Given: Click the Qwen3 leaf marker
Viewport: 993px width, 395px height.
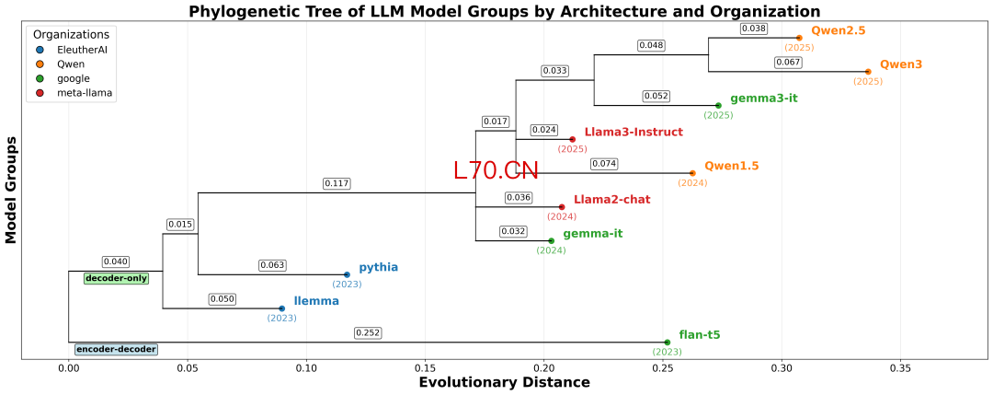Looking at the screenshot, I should click(868, 71).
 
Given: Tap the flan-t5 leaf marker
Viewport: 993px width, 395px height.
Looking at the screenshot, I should click(668, 343).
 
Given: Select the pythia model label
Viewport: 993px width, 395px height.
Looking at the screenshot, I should click(378, 267).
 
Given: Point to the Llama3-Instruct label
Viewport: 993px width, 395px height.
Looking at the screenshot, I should click(633, 132).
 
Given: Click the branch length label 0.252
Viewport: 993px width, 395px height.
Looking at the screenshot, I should click(368, 332).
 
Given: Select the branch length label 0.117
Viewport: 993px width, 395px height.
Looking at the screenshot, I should click(337, 183).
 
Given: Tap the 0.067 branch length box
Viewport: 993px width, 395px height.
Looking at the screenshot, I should click(788, 62).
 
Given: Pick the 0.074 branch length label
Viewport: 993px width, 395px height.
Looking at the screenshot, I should click(603, 164).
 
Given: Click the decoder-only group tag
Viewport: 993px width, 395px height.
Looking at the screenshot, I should click(116, 278).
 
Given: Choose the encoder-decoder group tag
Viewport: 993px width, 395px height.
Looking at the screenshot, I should click(116, 350).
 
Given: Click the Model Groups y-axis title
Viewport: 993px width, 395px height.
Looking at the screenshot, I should click(12, 191).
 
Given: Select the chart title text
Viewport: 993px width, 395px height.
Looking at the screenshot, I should click(504, 11).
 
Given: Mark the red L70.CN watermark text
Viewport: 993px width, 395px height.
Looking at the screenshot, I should click(495, 170).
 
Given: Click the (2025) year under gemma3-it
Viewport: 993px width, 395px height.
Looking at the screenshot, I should click(718, 115).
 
